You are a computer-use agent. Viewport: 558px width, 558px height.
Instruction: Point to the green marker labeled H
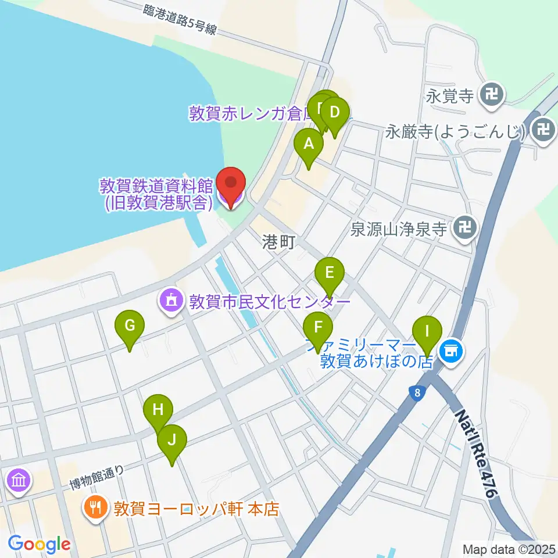tap(158, 410)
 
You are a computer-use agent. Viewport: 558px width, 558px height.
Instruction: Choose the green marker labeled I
tap(427, 332)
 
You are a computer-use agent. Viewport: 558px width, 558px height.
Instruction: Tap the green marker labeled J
tap(171, 441)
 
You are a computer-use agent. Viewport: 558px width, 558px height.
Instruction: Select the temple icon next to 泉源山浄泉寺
tap(465, 227)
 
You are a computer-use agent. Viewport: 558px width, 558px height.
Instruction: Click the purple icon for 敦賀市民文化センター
tap(171, 301)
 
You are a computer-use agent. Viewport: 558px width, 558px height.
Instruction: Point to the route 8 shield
tap(417, 392)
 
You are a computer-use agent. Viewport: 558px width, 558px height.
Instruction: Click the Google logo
tap(39, 543)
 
